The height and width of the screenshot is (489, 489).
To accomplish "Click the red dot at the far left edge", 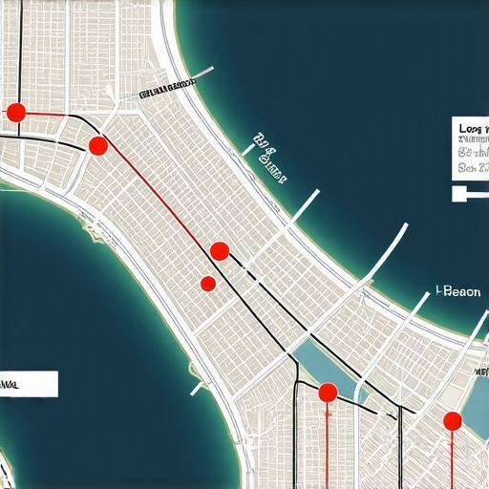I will (x=15, y=113).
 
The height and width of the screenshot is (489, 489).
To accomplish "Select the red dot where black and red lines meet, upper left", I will (x=97, y=145).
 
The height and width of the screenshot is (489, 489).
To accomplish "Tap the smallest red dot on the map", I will (x=207, y=283).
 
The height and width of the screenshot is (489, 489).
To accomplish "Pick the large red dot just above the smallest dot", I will (x=219, y=251).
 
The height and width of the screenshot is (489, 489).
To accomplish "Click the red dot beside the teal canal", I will (x=327, y=392).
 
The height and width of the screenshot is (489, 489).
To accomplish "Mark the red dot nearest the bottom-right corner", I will (x=453, y=420).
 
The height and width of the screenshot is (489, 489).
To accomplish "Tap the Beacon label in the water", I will (x=457, y=292).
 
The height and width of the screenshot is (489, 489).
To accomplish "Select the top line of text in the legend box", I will (x=472, y=126).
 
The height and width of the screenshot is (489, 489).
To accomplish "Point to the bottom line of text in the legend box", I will (x=472, y=166).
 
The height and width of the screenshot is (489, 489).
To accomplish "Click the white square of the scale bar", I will (x=457, y=193).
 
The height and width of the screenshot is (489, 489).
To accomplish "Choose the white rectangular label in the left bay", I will (x=29, y=384).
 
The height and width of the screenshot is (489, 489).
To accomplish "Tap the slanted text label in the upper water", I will (x=270, y=158).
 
